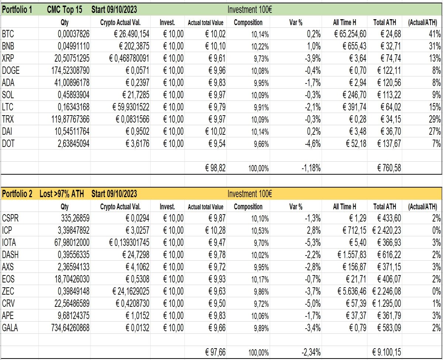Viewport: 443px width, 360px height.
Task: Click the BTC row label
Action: [8, 34]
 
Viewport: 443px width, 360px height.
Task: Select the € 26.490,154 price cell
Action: [131, 34]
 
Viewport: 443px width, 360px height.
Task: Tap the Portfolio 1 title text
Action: [17, 10]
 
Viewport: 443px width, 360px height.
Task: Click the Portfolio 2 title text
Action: [17, 194]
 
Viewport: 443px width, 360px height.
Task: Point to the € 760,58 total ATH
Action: [389, 168]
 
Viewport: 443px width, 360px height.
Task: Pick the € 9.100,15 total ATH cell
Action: [387, 352]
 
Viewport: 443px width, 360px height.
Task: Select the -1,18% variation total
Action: [311, 168]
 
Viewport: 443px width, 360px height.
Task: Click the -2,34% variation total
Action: [311, 352]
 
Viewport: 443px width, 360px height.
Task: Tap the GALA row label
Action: [10, 328]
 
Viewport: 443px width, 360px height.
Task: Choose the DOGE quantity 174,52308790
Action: [70, 71]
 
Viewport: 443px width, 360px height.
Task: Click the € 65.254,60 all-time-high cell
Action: [350, 34]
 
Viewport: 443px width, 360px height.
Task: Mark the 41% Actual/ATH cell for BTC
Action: [435, 34]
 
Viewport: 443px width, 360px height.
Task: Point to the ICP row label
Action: [7, 230]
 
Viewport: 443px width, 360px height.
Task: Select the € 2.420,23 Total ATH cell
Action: [387, 230]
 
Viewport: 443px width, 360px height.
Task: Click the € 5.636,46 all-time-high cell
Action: [352, 291]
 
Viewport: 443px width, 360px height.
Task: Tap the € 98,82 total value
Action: [215, 168]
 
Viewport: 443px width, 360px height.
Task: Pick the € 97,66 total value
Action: [215, 352]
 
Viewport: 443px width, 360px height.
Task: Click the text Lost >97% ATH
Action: [62, 194]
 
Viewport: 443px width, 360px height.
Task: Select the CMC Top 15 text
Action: [65, 10]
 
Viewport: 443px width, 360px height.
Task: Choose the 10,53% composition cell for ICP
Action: [260, 231]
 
